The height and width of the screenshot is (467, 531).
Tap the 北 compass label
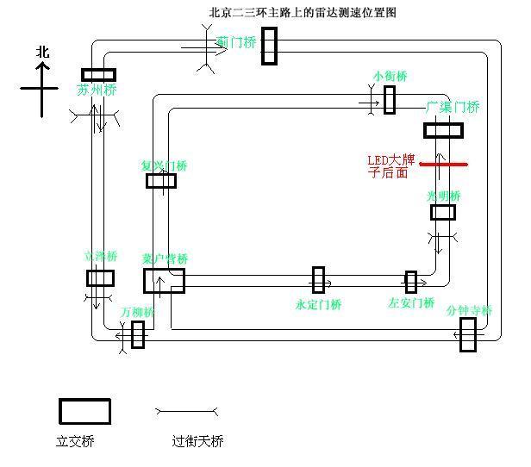(x=42, y=53)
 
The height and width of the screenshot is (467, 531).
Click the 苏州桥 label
(x=97, y=90)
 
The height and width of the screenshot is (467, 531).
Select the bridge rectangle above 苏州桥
(x=98, y=75)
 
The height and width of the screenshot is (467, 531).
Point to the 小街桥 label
(x=390, y=77)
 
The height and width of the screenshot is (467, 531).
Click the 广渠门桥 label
(x=453, y=108)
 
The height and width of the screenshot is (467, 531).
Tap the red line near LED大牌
(x=443, y=164)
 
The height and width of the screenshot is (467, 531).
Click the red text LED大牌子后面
(x=392, y=166)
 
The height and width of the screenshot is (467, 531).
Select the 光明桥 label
(x=444, y=196)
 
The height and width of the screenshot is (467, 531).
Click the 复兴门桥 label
(x=164, y=165)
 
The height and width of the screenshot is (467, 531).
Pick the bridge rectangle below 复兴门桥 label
(x=161, y=181)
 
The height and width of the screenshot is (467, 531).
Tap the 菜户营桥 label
(x=166, y=258)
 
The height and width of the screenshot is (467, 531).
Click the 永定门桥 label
(x=318, y=304)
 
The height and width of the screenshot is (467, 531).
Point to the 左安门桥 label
(x=411, y=302)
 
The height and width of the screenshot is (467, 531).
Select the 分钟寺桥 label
(x=470, y=310)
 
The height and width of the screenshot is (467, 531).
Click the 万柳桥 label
(x=137, y=312)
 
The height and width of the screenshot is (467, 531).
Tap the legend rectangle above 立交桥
(x=84, y=412)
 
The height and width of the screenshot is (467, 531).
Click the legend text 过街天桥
(x=197, y=441)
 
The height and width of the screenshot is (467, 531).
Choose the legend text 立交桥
(x=75, y=441)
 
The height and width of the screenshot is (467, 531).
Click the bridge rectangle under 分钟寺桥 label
(x=467, y=335)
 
